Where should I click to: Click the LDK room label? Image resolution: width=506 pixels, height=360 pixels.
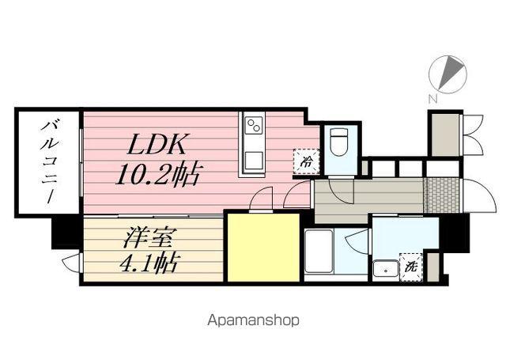[x=157, y=144]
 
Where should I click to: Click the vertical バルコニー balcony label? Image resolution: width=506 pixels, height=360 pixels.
[x=49, y=161]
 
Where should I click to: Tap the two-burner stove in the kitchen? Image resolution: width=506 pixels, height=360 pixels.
[x=254, y=125]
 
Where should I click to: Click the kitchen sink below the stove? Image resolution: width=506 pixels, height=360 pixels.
[x=254, y=160]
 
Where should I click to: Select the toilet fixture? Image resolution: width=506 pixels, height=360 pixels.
[x=339, y=142]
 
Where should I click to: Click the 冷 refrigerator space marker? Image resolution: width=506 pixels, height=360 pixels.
[x=306, y=161]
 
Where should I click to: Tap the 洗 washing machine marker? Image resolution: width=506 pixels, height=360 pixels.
[x=411, y=267]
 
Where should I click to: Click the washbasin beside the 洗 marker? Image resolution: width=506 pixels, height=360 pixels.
[x=385, y=269]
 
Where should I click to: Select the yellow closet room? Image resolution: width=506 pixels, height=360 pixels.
[x=263, y=248]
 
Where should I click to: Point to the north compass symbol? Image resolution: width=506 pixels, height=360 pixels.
[x=447, y=74]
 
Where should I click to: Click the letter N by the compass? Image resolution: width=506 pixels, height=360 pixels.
[x=432, y=98]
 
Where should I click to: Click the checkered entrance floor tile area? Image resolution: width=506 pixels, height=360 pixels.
[x=442, y=195]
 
